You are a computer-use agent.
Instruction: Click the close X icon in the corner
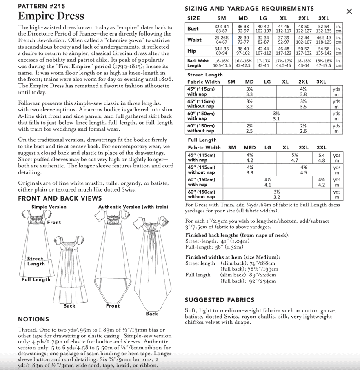tap(349, 11)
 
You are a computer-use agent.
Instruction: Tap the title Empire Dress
tap(51, 16)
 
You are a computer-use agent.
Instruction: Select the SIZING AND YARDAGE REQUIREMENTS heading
tap(249, 8)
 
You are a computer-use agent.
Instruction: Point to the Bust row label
tap(193, 29)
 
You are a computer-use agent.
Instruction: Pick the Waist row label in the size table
tap(194, 40)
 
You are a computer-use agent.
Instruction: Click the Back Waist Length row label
tap(198, 63)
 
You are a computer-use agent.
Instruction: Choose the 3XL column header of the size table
tap(323, 18)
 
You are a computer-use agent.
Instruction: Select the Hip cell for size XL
tap(283, 51)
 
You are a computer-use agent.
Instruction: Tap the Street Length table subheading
tap(205, 75)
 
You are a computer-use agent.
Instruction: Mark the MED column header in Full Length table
tap(250, 147)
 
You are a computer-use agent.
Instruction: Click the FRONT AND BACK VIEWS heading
tap(60, 198)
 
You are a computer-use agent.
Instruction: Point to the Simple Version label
tap(49, 207)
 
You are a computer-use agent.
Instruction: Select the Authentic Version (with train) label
tap(133, 207)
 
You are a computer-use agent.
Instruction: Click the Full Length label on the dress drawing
tap(36, 280)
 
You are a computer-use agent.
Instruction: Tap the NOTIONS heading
tap(33, 319)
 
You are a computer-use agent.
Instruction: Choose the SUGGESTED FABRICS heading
tap(220, 300)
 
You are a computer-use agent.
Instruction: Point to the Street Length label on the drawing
tap(36, 261)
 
